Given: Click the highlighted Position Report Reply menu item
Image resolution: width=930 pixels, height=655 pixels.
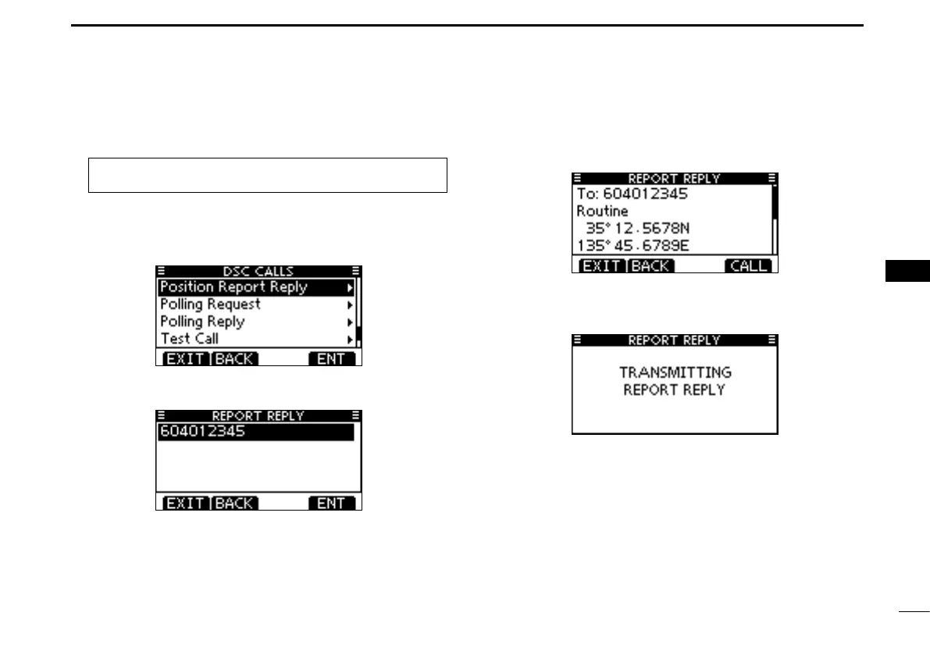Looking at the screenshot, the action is (x=234, y=287).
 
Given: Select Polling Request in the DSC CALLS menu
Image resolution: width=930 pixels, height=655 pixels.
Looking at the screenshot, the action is (x=210, y=304).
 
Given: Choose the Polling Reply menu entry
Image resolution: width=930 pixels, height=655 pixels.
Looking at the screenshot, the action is (x=202, y=322).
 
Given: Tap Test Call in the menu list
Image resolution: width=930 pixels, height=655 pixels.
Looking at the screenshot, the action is (x=189, y=339).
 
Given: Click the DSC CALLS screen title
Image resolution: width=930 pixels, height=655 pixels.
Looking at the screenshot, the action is (x=258, y=271).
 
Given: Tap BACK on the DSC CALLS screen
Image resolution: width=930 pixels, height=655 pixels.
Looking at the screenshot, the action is (x=234, y=359).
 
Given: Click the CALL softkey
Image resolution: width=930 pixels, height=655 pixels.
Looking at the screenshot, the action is (x=748, y=266).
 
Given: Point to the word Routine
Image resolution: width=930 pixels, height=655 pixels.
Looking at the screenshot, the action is (x=602, y=212).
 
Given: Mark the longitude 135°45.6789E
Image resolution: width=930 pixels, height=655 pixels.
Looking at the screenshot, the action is (x=633, y=246).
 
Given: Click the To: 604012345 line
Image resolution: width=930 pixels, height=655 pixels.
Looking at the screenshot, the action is (x=632, y=194).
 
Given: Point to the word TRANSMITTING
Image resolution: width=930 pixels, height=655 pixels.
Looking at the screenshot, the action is (x=675, y=373).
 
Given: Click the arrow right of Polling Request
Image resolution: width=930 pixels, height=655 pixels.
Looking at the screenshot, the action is (x=350, y=304).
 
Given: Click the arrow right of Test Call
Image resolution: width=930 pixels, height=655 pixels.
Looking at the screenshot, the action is (x=350, y=339).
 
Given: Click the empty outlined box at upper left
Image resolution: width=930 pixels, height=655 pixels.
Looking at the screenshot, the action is (x=267, y=175).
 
